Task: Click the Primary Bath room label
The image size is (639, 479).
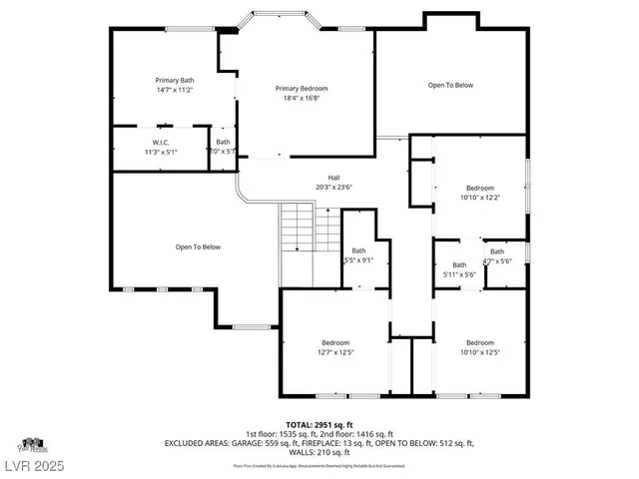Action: click(174, 80)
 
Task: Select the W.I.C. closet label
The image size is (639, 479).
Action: click(161, 143)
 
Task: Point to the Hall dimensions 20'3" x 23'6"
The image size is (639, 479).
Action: click(333, 187)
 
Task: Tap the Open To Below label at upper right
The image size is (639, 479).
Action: click(450, 85)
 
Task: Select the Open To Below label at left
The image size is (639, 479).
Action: click(198, 246)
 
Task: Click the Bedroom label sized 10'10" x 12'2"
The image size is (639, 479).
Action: click(480, 188)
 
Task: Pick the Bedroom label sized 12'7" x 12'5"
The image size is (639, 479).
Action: click(335, 342)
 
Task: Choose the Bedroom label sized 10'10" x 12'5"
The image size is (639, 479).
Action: click(480, 342)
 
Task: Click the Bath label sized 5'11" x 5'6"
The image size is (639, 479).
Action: click(459, 264)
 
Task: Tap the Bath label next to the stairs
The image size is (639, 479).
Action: click(358, 250)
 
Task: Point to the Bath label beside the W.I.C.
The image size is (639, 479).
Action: click(223, 143)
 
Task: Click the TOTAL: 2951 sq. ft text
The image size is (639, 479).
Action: click(319, 424)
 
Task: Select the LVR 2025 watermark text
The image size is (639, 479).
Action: click(34, 465)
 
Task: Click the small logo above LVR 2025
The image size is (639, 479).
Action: click(31, 443)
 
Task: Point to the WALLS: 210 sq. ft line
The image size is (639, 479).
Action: click(319, 451)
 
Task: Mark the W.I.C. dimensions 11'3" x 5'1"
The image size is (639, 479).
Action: click(161, 153)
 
